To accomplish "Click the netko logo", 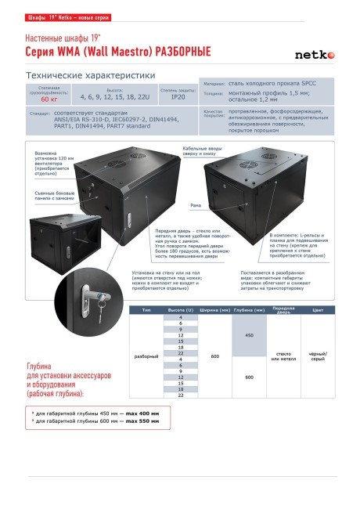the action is point(314,54).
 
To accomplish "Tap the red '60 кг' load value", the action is point(49,99).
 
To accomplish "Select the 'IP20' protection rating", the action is point(178,97).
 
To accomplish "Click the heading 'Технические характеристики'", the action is point(90,75).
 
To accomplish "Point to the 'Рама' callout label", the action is point(196,205).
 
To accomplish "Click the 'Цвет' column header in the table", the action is point(317,311).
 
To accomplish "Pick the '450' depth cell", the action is point(249,335).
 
